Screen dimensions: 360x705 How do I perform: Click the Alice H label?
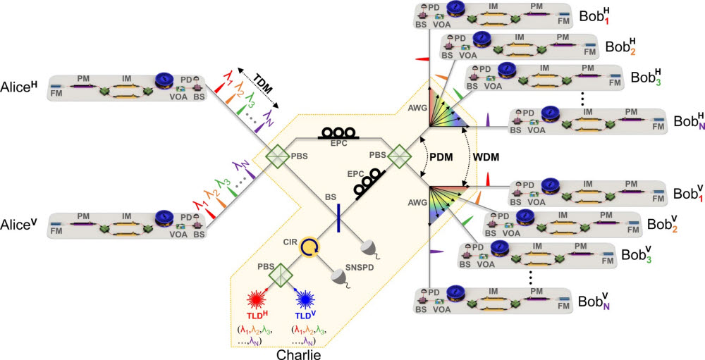pyautogui.click(x=19, y=92)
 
